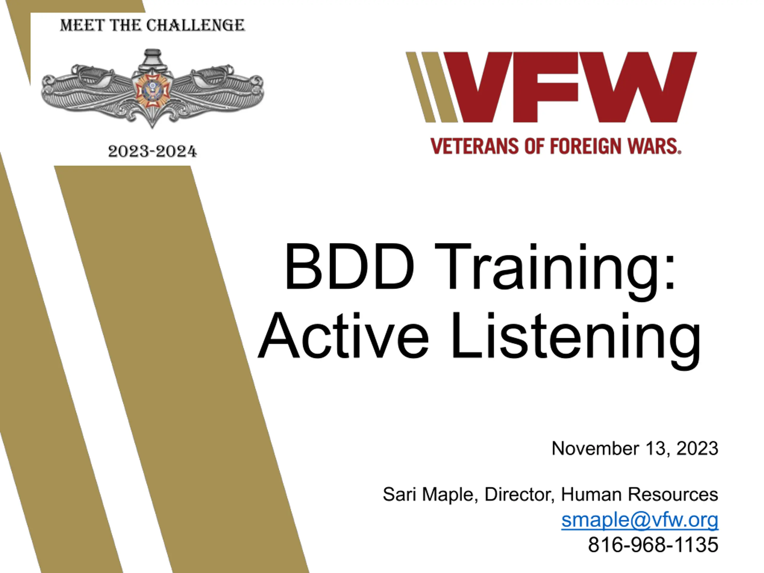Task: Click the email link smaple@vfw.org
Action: click(640, 520)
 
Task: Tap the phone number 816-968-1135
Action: click(653, 545)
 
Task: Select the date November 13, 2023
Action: click(635, 448)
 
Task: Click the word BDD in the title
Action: click(349, 266)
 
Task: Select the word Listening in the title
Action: click(576, 340)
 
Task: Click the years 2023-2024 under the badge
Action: click(152, 151)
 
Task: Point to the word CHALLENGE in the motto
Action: click(195, 25)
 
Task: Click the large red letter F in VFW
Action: click(545, 87)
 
